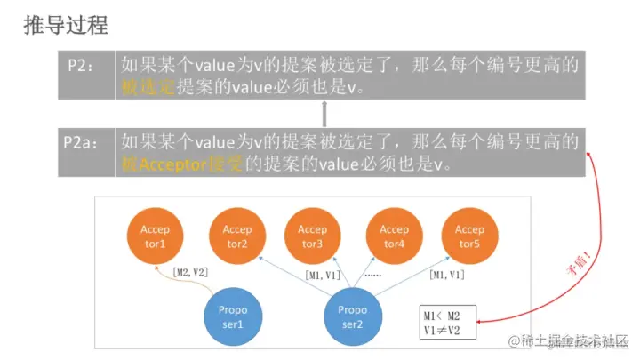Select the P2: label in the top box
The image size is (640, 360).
pos(85,65)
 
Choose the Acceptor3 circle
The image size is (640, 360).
pos(312,236)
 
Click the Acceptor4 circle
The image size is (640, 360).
pos(394,236)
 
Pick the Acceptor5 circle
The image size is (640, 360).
pos(469,236)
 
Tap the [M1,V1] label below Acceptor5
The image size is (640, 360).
pos(445,276)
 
